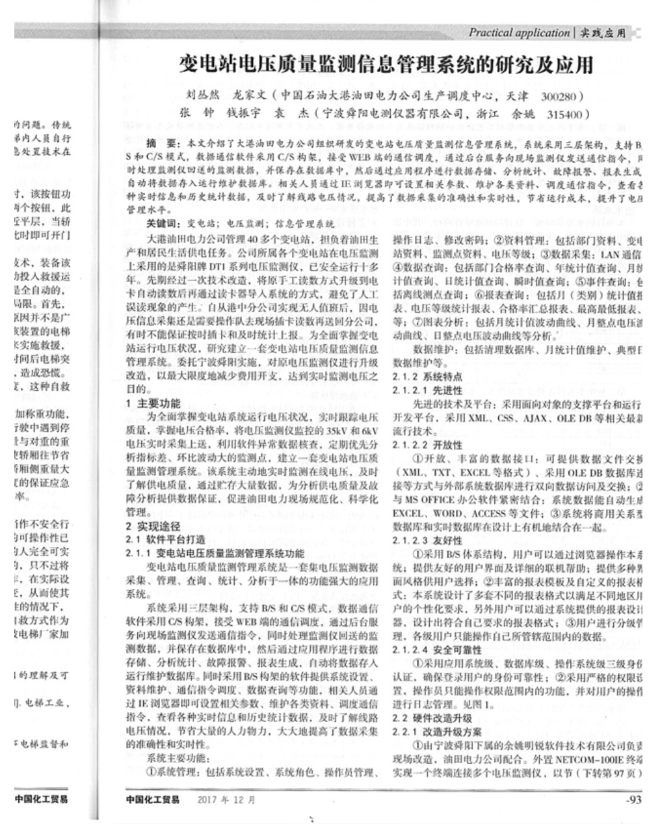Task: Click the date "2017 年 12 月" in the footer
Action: (x=227, y=799)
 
